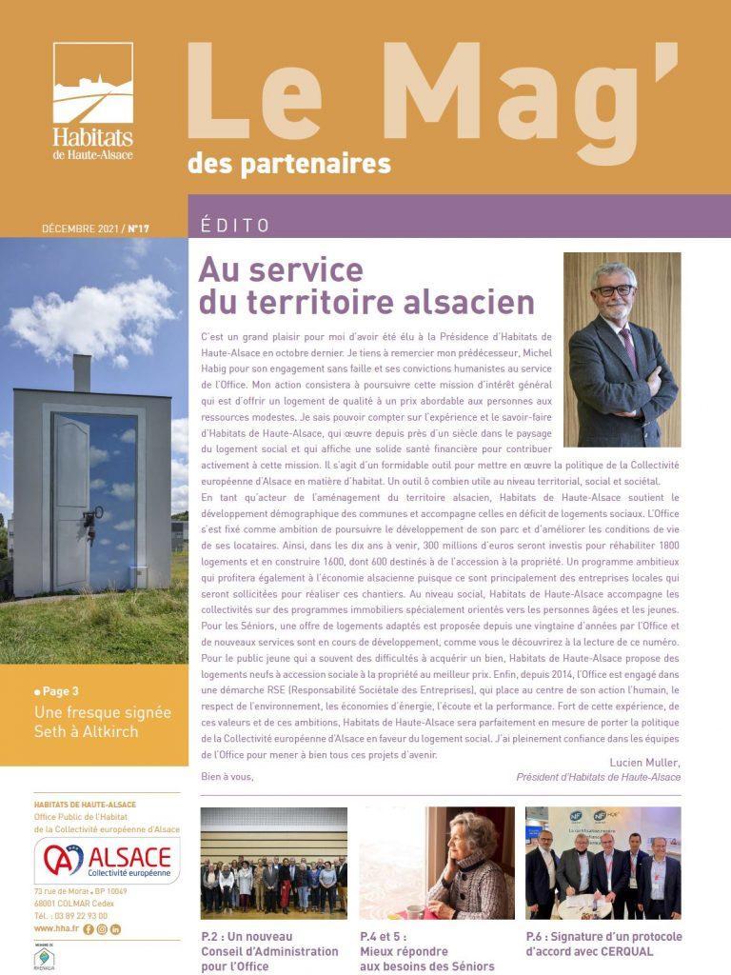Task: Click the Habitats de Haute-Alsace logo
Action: (x=92, y=101)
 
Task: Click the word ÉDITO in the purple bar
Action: (x=235, y=226)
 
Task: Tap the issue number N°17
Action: (x=139, y=229)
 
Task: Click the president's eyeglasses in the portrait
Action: (x=613, y=289)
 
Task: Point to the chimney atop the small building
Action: (x=82, y=374)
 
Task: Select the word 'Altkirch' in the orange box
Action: (x=109, y=730)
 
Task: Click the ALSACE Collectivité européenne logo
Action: (x=107, y=861)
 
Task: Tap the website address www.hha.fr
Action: (x=56, y=928)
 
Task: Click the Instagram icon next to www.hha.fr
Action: (x=102, y=928)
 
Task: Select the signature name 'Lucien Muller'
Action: (x=644, y=762)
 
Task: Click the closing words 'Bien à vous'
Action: (x=227, y=777)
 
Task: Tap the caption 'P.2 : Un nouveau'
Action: (x=247, y=936)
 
